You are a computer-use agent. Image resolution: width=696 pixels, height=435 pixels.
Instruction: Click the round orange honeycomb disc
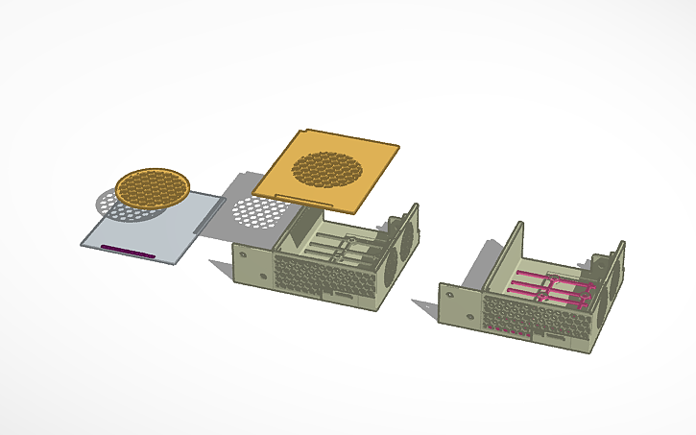click(x=153, y=186)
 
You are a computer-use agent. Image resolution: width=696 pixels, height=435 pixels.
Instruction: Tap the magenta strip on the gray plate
click(x=131, y=251)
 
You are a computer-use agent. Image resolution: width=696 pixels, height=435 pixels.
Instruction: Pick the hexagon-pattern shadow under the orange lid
click(x=256, y=212)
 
